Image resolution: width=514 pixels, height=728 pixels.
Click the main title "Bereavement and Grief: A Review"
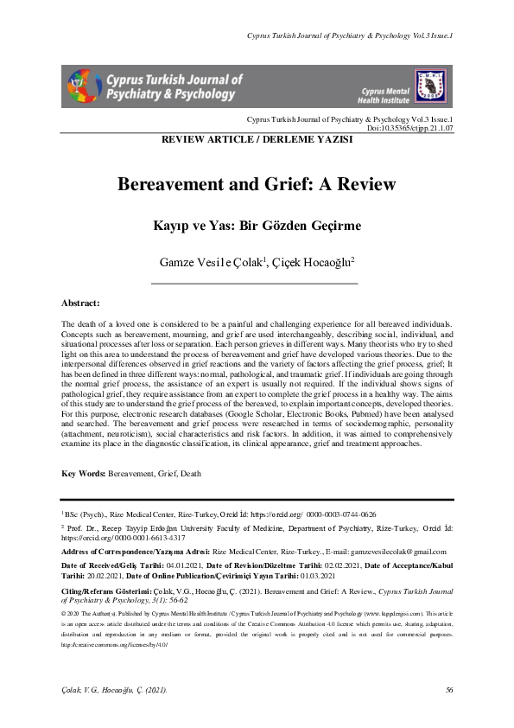pyautogui.click(x=256, y=184)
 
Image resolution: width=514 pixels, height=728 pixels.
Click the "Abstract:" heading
pyautogui.click(x=80, y=303)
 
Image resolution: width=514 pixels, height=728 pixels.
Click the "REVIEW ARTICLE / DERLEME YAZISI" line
pyautogui.click(x=256, y=139)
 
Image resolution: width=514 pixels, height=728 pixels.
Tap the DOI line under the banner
pyautogui.click(x=414, y=127)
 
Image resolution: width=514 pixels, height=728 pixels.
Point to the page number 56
pyautogui.click(x=449, y=689)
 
